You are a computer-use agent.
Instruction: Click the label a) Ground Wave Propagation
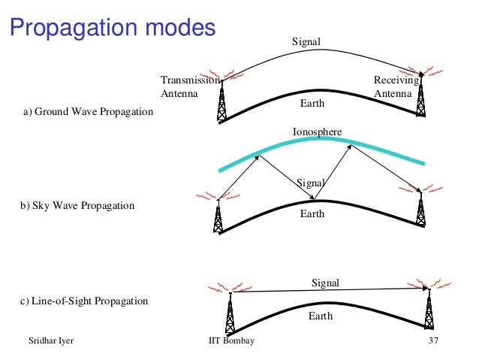click(x=88, y=113)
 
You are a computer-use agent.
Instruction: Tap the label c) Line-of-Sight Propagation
click(x=85, y=301)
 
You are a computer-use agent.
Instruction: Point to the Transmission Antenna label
click(x=189, y=86)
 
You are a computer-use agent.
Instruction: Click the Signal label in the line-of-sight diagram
click(x=325, y=283)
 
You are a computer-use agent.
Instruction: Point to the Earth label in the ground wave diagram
click(x=312, y=102)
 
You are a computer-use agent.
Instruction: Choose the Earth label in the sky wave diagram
click(x=312, y=214)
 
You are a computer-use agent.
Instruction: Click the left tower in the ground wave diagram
click(x=221, y=101)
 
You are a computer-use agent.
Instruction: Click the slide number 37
click(x=432, y=341)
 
